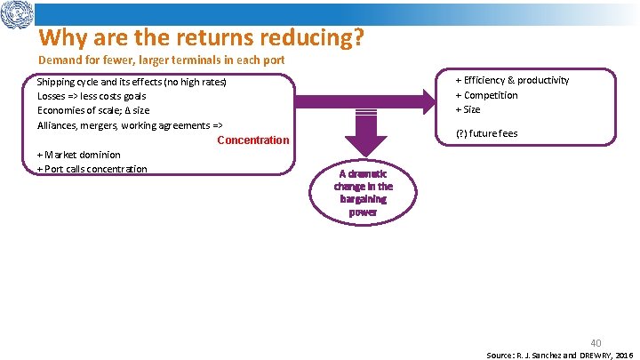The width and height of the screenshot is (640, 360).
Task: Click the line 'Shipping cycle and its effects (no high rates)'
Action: (132, 82)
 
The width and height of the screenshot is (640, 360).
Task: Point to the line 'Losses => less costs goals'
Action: (92, 96)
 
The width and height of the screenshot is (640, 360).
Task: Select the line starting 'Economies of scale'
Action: (93, 110)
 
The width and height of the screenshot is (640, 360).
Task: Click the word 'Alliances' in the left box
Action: (58, 125)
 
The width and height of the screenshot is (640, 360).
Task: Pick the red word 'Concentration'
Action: (252, 140)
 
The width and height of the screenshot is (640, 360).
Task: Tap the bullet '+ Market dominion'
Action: (78, 155)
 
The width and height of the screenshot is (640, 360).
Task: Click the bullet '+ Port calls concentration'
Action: (92, 169)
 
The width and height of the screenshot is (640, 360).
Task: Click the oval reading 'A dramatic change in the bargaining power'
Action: (363, 193)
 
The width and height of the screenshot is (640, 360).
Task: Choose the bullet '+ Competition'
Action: (486, 95)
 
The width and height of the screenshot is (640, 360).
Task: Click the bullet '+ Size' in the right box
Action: (468, 109)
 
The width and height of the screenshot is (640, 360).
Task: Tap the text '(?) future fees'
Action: (486, 133)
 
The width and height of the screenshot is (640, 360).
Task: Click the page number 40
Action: (596, 341)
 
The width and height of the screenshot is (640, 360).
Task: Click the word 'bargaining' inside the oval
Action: (363, 199)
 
